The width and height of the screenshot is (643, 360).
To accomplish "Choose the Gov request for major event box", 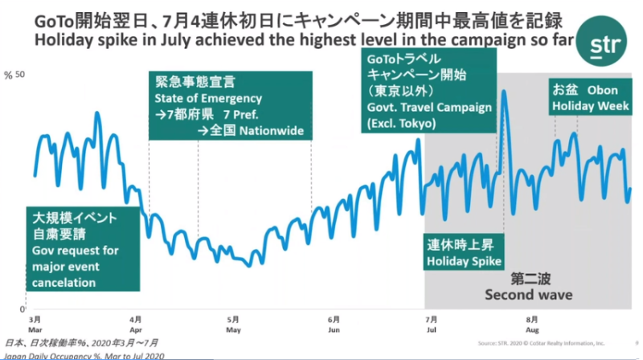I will tap(75, 251).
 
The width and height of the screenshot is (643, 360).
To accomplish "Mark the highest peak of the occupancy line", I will tap(504, 92).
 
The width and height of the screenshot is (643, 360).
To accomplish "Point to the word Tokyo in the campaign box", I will tap(415, 125).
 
